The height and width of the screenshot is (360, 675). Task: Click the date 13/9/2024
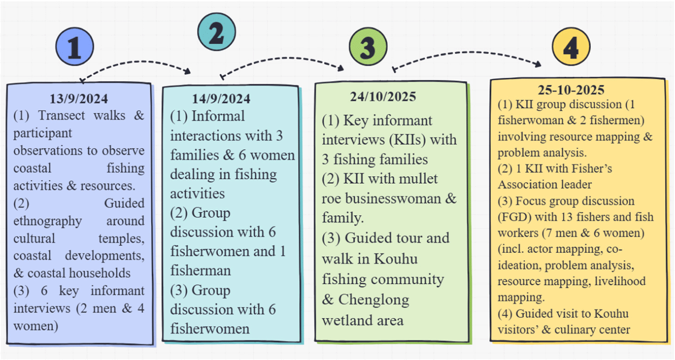click(x=79, y=98)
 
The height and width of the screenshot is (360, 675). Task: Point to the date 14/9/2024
click(x=221, y=99)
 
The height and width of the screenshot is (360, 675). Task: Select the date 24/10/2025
click(x=383, y=96)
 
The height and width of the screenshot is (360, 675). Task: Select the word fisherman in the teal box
click(x=200, y=270)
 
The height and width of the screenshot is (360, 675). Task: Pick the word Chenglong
click(x=373, y=300)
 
